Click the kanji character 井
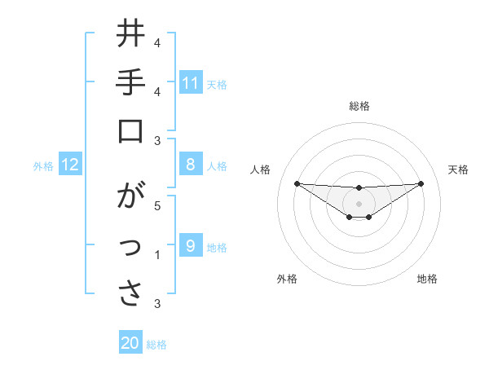131,35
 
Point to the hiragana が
131,198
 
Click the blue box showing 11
190,82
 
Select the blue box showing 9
190,246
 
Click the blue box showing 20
130,343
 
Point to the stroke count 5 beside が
157,205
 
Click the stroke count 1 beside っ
157,255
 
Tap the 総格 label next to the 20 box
156,345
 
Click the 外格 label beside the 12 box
43,166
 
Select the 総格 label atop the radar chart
359,106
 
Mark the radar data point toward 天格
421,183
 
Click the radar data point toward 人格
297,183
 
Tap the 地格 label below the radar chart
427,279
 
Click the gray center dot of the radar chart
359,203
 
